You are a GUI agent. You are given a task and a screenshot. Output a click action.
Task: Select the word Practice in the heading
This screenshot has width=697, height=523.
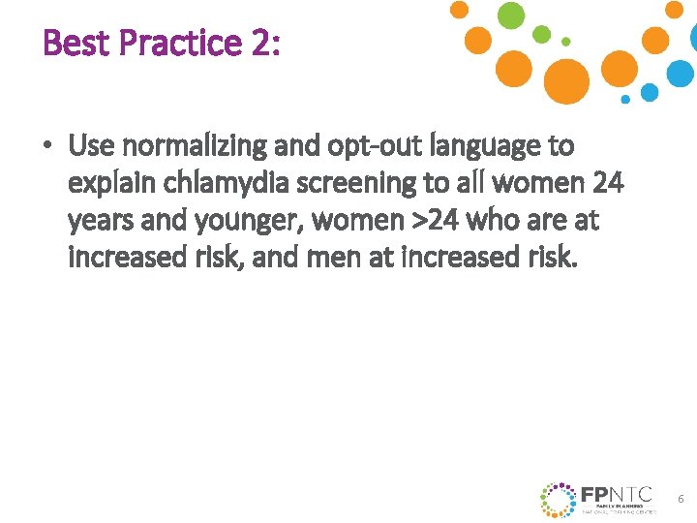coord(174,43)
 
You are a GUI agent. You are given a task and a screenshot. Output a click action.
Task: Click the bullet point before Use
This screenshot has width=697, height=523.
coord(45,147)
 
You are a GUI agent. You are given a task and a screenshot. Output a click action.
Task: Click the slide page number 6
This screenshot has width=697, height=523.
coord(681,499)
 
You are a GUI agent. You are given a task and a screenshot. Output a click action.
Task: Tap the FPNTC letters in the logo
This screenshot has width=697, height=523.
coord(618,493)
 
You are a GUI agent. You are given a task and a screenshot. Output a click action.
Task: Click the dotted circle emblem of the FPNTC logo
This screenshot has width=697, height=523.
coord(558,499)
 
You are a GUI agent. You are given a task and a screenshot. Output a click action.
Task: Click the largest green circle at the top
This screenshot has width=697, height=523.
coord(511,15)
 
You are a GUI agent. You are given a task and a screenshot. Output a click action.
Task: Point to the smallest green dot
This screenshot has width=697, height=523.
coord(566,42)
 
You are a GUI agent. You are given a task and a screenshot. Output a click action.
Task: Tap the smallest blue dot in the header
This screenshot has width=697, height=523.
coord(625,99)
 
